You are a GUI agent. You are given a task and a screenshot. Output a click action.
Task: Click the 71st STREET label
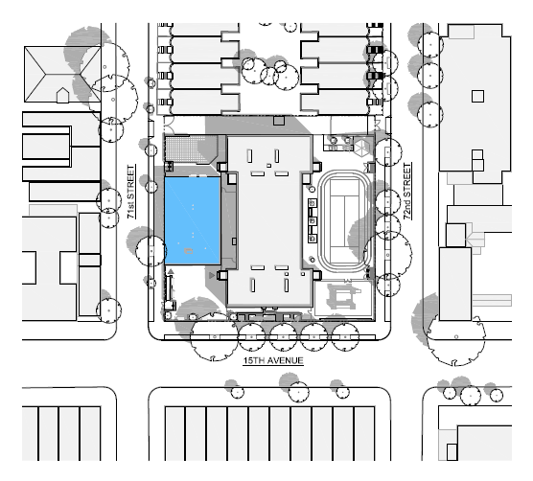click(131, 192)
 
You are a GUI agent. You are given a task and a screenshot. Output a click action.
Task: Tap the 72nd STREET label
click(406, 192)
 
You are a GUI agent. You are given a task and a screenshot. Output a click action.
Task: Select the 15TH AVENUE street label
click(273, 360)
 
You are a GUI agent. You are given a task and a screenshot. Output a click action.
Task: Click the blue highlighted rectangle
click(193, 220)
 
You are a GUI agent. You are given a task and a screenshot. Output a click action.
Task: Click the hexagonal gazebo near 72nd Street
click(362, 147)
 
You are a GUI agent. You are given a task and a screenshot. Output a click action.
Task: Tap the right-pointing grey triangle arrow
click(212, 275)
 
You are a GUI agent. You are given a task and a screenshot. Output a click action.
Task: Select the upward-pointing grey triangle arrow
click(171, 271)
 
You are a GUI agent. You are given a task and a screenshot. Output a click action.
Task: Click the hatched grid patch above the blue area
click(186, 149)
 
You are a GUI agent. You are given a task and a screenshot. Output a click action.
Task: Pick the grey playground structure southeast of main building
click(342, 296)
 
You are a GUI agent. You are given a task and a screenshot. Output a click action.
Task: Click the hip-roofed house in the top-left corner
click(62, 75)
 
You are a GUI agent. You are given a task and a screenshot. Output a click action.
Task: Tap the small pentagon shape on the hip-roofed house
click(62, 95)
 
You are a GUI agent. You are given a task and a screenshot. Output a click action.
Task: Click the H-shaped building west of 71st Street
click(49, 268)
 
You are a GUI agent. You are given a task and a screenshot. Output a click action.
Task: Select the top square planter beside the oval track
click(313, 203)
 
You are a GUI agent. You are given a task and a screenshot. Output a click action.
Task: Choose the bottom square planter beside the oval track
click(313, 239)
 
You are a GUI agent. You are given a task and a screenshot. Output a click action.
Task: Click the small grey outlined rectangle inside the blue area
click(189, 251)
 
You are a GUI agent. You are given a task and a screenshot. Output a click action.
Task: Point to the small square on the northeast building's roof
click(477, 96)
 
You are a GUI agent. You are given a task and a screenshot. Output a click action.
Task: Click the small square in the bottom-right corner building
click(452, 452)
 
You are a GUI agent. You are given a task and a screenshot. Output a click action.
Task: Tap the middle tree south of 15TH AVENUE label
click(298, 391)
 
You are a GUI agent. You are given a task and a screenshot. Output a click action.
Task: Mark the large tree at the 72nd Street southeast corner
click(456, 337)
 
